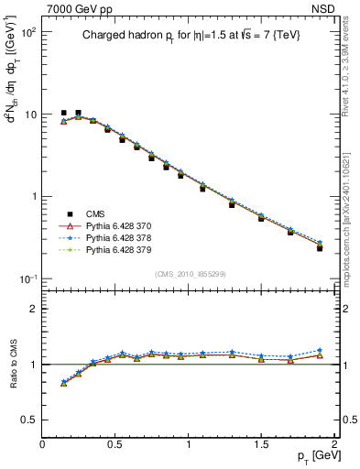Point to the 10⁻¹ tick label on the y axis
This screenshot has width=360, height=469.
27,278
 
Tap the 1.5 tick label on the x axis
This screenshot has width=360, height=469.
261,443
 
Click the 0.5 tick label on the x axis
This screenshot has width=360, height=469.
115,443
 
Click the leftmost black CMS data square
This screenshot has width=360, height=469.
63,113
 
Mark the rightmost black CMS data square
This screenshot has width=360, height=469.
320,247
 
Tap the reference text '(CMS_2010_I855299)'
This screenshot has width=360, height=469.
188,274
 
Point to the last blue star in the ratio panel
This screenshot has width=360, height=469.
320,350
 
